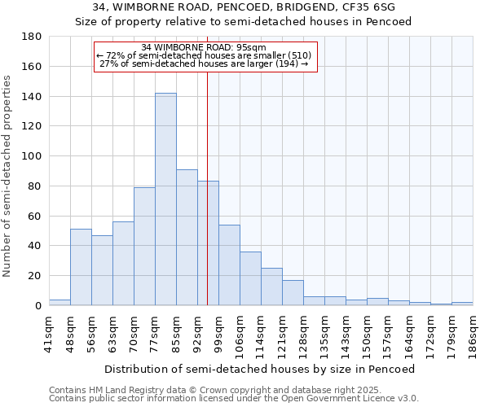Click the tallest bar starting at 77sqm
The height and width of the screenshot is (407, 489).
click(165, 199)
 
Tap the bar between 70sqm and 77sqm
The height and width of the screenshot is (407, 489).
click(144, 246)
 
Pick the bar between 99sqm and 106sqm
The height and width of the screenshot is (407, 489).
click(229, 265)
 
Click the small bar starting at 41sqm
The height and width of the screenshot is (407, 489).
click(59, 302)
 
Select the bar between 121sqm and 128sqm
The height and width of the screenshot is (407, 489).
click(293, 292)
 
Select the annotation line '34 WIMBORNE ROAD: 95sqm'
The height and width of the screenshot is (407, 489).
click(204, 48)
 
